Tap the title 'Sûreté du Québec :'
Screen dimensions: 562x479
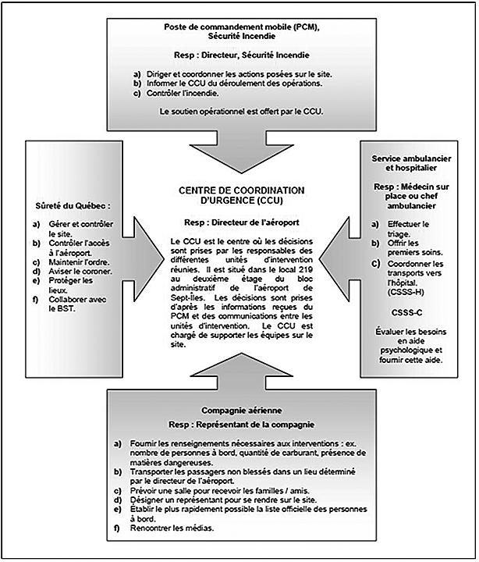[x=72, y=208]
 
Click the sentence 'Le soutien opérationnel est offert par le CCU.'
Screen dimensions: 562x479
[x=241, y=112]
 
